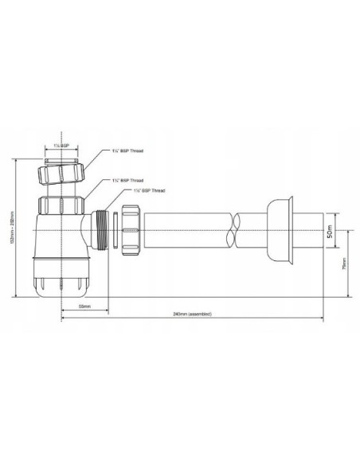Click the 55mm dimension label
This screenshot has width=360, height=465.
(83, 305)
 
